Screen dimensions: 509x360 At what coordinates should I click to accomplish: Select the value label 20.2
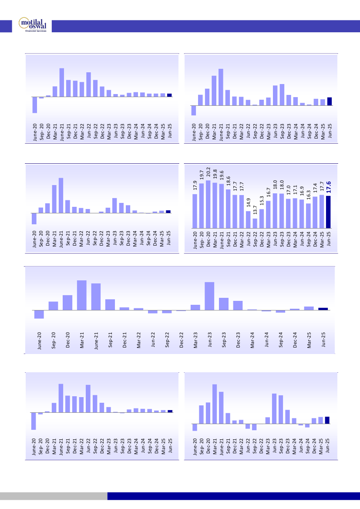tap(208, 172)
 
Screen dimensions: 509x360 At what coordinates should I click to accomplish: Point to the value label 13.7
tap(255, 211)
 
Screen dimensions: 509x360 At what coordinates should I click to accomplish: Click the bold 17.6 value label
tap(329, 187)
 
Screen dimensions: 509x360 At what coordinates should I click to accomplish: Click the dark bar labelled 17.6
tap(329, 212)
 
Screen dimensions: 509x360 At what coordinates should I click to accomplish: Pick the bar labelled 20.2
tap(208, 204)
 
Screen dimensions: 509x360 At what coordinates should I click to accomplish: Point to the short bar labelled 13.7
tap(255, 223)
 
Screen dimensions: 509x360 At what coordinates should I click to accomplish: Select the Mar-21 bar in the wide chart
tap(82, 295)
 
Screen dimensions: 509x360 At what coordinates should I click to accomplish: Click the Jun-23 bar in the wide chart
tap(209, 296)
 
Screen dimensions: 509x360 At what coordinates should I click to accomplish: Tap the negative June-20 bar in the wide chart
tap(39, 314)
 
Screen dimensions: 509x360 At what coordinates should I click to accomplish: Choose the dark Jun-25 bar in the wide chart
tap(323, 309)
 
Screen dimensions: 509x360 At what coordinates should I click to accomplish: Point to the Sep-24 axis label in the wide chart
tap(281, 340)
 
